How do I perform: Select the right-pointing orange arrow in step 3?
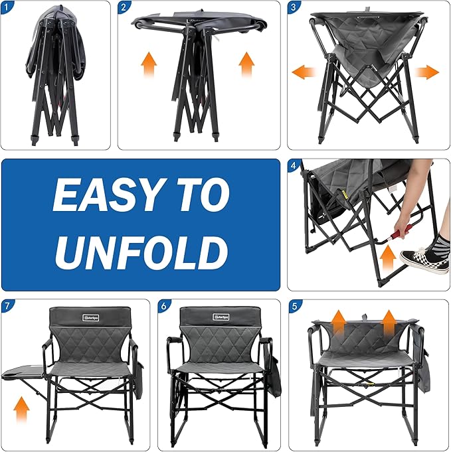click(428, 72)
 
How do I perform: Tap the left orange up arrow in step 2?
click(149, 66)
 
